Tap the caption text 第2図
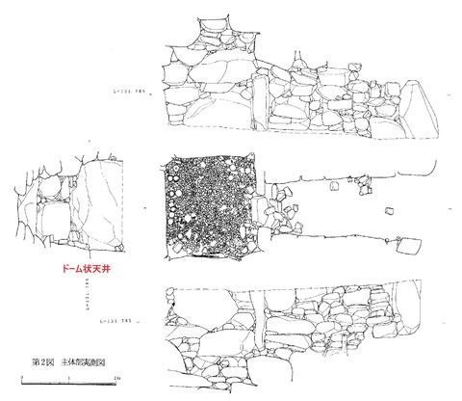pyautogui.click(x=41, y=361)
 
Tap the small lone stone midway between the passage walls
pyautogui.click(x=390, y=212)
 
